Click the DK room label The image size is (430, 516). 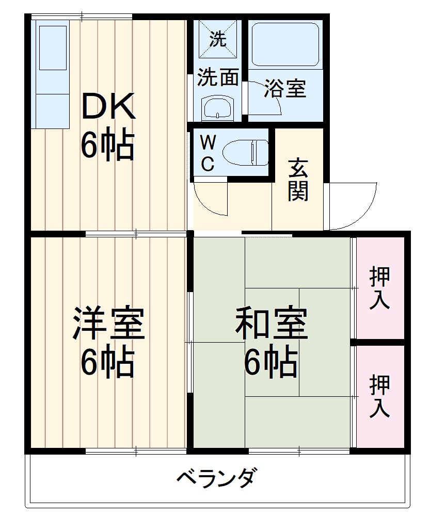pos(108,105)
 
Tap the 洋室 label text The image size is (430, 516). pos(108,323)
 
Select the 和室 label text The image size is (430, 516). pos(271,323)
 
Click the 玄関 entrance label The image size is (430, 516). pos(298,180)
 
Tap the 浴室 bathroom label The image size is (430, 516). pos(285,89)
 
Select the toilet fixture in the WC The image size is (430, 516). pos(245,153)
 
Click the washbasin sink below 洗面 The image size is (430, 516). pos(217,109)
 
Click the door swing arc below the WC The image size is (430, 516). pos(212,199)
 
